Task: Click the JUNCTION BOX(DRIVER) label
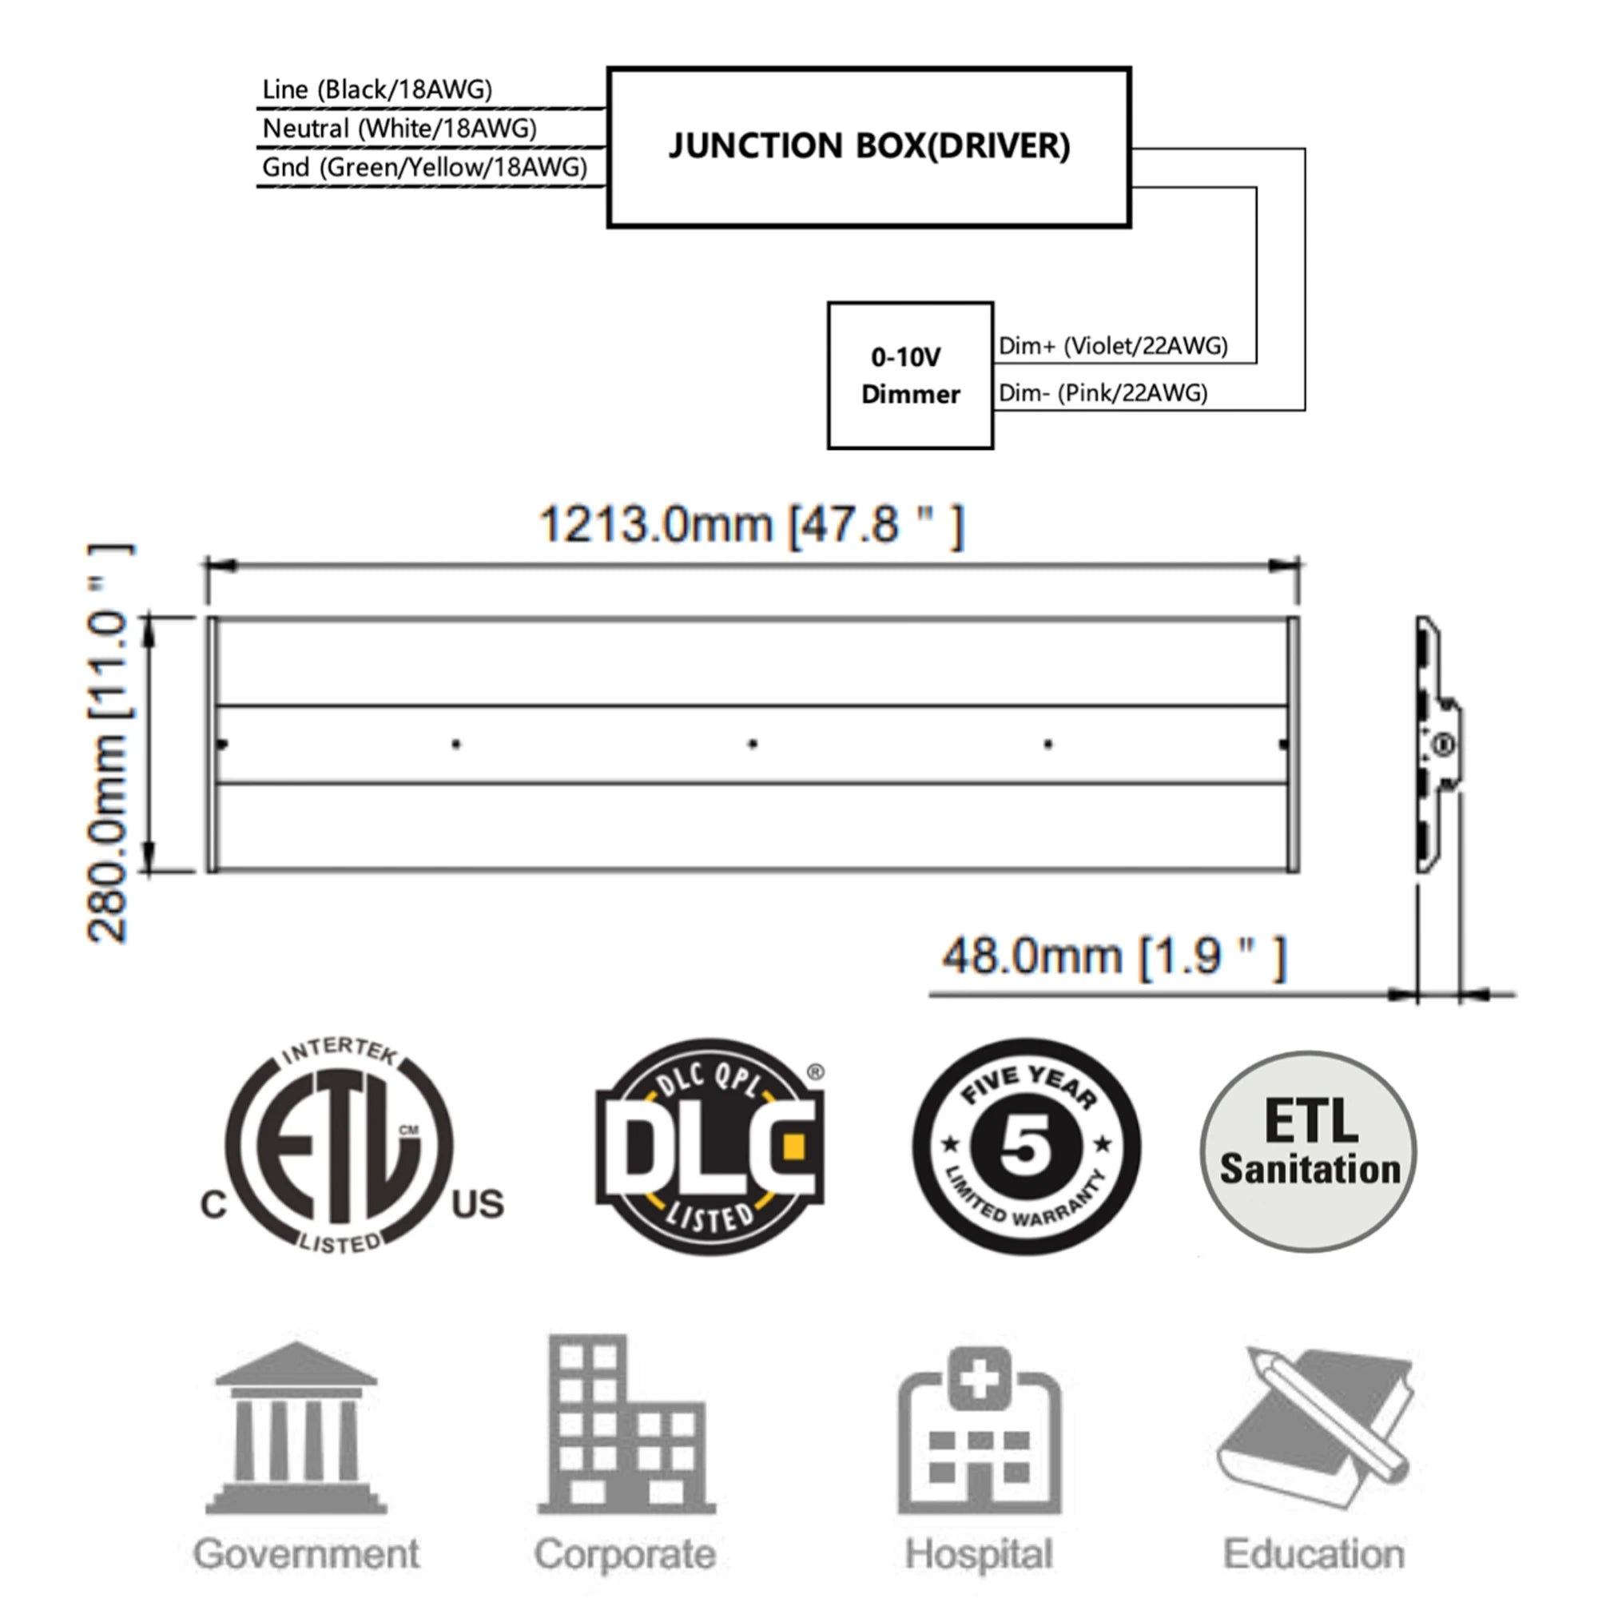coord(869,145)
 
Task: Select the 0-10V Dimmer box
coord(911,376)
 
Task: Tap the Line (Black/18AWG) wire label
coord(377,89)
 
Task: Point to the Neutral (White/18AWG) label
coord(399,128)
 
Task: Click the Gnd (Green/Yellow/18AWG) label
coord(424,167)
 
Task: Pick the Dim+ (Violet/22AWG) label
coord(1113,346)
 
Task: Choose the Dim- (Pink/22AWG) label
coord(1103,393)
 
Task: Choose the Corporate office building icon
coord(626,1423)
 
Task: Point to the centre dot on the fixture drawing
coord(753,745)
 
